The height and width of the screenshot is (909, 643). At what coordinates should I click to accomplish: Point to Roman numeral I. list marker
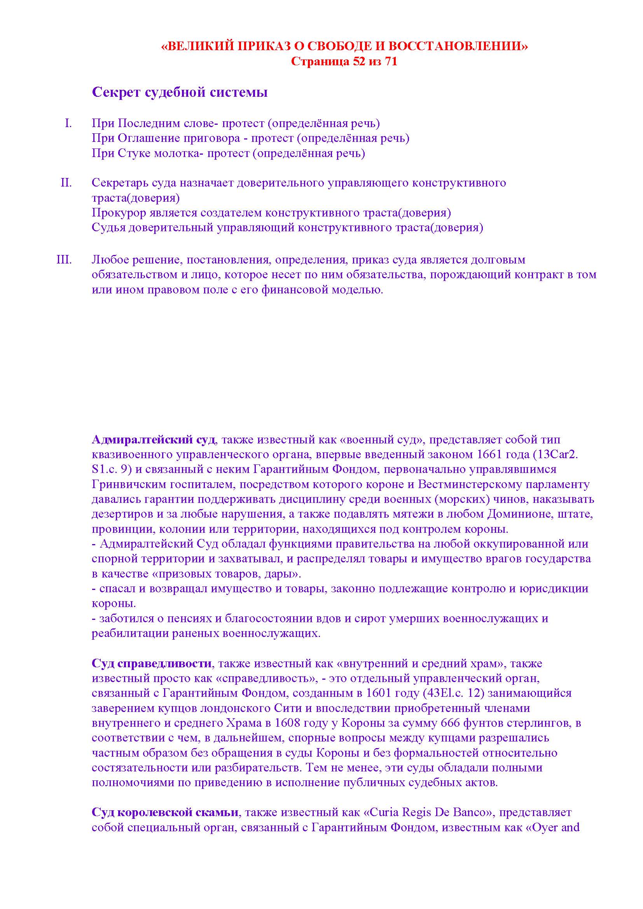coord(68,123)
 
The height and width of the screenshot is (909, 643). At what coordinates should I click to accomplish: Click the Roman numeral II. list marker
coord(66,183)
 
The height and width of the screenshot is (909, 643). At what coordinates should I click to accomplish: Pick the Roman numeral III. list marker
coord(64,260)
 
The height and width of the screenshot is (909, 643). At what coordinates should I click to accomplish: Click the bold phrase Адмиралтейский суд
coord(154,440)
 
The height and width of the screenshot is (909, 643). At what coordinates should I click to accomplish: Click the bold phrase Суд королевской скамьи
coord(165,813)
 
